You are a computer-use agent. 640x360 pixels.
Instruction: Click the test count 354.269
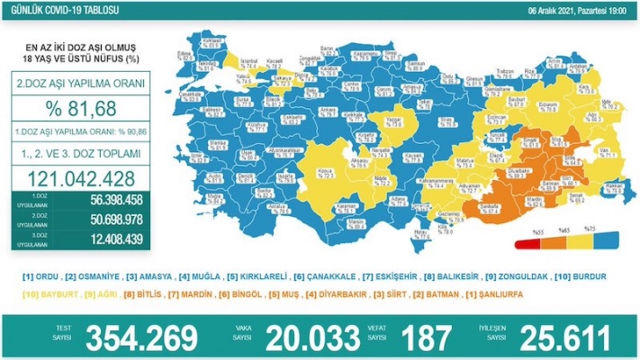141,337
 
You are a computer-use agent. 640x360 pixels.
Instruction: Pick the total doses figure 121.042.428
78,177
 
